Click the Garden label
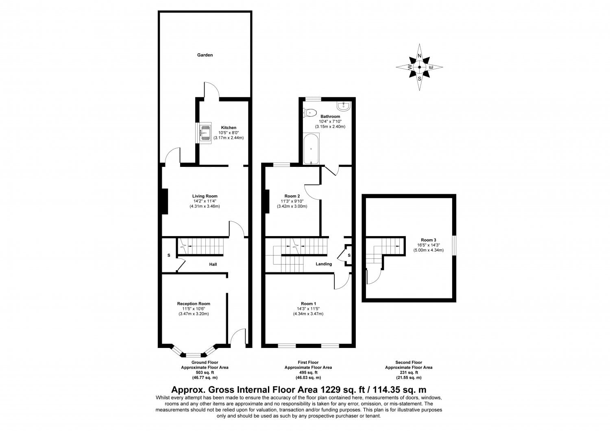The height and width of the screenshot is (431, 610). [x=205, y=55]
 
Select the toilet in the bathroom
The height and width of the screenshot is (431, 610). [x=311, y=112]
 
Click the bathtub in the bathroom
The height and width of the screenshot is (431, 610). [x=311, y=149]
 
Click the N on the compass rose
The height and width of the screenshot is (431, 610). [x=420, y=56]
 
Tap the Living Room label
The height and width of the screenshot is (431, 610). [x=205, y=196]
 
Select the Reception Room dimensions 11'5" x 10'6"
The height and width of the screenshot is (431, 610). [x=193, y=309]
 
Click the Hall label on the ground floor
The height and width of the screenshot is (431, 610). [x=213, y=265]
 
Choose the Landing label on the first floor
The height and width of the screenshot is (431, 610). [x=324, y=264]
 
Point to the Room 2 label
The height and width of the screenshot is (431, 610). [x=292, y=196]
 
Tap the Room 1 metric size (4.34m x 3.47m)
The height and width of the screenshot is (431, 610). [x=308, y=314]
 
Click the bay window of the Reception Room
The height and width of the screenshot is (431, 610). [x=194, y=352]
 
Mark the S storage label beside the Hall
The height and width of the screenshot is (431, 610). [x=169, y=256]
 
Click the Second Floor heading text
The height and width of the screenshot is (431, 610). [x=409, y=362]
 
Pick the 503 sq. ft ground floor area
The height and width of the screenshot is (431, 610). [x=205, y=372]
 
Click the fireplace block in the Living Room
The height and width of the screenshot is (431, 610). [x=165, y=201]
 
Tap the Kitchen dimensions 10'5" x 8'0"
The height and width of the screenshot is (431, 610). [x=228, y=133]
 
